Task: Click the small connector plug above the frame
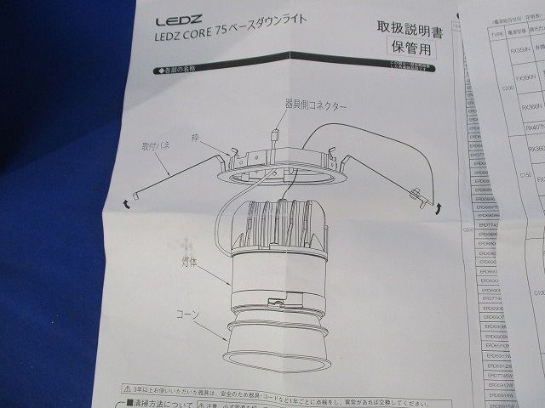[274, 135]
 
